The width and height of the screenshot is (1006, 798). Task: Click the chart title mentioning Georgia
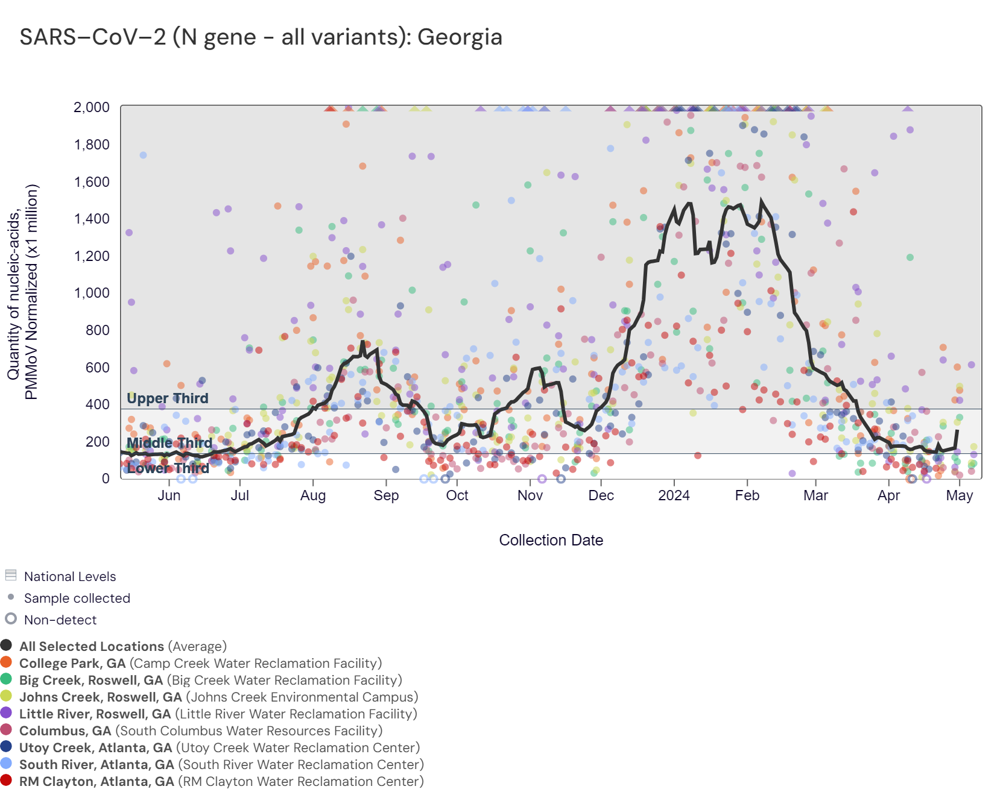[x=261, y=37]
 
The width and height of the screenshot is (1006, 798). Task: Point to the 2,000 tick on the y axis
[x=92, y=107]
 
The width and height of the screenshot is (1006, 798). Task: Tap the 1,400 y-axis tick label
[x=92, y=219]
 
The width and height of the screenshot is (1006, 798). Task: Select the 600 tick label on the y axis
[x=98, y=368]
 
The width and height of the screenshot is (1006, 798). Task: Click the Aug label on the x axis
[x=313, y=495]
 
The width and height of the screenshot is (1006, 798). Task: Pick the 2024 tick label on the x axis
[x=674, y=495]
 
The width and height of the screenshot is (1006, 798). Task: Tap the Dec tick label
[x=601, y=495]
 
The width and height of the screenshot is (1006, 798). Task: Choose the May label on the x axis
[x=960, y=495]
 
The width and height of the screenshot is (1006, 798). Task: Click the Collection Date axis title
[x=551, y=540]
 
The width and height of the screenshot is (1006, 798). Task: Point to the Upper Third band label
[x=167, y=398]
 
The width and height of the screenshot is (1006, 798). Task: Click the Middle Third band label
[x=169, y=443]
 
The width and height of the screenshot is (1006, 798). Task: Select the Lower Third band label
[x=168, y=468]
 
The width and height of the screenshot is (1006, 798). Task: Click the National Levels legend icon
[x=11, y=575]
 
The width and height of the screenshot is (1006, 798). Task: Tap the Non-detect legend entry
[x=60, y=620]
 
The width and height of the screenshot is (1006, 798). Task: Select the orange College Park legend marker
[x=7, y=662]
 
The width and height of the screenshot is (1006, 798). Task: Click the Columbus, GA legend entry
[x=201, y=730]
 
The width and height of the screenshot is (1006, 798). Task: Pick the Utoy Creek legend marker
[x=7, y=747]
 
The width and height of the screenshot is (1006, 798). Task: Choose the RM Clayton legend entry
[x=221, y=781]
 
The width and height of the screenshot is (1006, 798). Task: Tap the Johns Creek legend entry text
[x=218, y=697]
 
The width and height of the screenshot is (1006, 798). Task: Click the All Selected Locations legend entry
[x=123, y=646]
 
